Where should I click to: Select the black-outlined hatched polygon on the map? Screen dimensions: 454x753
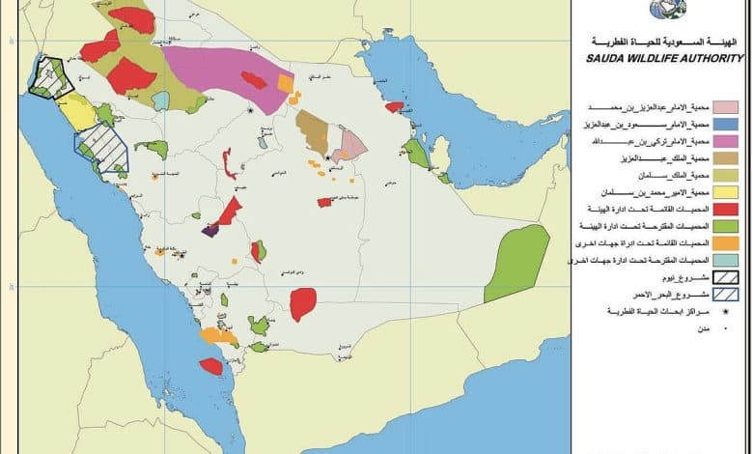(50, 77)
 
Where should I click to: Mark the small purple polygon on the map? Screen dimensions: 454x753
(209, 230)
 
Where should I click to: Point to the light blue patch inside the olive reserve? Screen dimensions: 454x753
(160, 100)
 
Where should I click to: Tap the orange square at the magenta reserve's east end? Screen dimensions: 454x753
(285, 83)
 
